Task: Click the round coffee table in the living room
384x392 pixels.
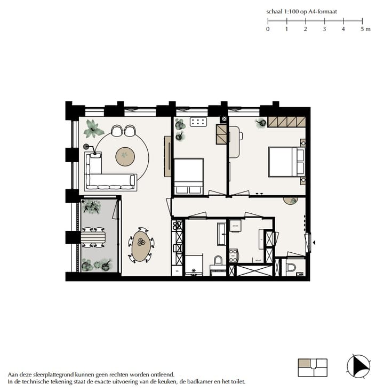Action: coord(125,155)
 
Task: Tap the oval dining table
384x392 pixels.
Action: coord(141,245)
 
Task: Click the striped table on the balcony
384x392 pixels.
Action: coord(93,237)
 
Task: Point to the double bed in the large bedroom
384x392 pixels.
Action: coord(287,162)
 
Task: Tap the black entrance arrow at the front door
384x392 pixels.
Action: coord(314,243)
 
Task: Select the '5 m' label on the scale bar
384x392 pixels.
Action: coord(365,29)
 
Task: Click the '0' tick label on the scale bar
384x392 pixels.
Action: coord(268,29)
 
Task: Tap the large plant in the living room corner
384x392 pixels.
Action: coord(94,129)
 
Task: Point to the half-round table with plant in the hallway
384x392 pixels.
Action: coord(291,200)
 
